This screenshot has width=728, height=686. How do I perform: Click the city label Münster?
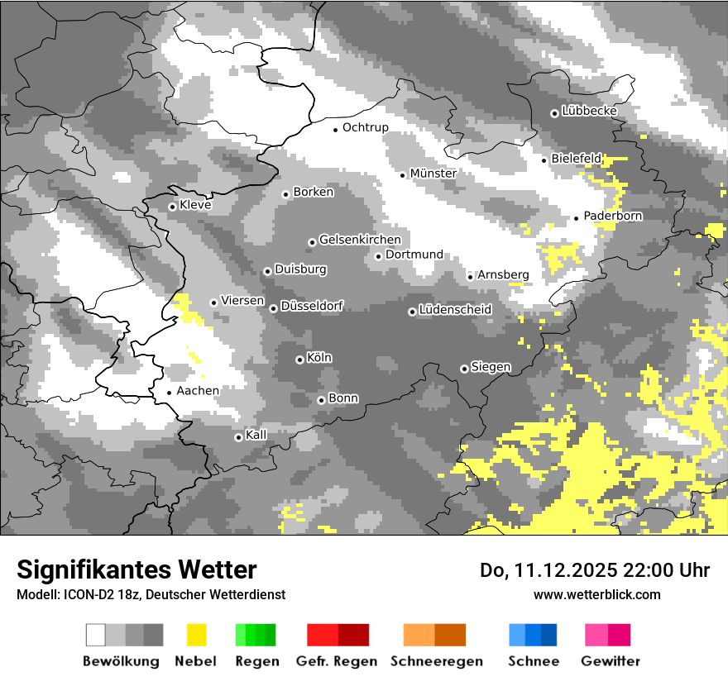[433, 174]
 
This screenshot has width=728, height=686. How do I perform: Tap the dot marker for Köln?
[299, 360]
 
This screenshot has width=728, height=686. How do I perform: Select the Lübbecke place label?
[589, 111]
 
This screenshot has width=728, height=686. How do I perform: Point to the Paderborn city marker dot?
[577, 218]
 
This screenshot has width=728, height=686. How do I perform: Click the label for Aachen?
[198, 391]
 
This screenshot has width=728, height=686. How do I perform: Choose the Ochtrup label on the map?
[365, 127]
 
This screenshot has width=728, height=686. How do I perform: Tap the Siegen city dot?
[464, 369]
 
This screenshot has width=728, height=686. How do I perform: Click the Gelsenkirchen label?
[360, 240]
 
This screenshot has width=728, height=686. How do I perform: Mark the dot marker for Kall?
[238, 437]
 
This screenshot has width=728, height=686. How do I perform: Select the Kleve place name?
[195, 205]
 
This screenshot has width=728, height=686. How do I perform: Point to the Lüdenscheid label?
[455, 310]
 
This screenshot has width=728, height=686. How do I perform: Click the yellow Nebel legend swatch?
[197, 635]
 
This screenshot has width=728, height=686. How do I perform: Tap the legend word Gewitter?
[610, 661]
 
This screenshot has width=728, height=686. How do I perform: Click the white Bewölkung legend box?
[96, 635]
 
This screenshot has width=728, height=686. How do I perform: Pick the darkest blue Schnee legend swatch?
[548, 635]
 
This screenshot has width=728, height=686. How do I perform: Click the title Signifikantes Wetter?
[136, 569]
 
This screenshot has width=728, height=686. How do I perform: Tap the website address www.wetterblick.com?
[596, 594]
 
